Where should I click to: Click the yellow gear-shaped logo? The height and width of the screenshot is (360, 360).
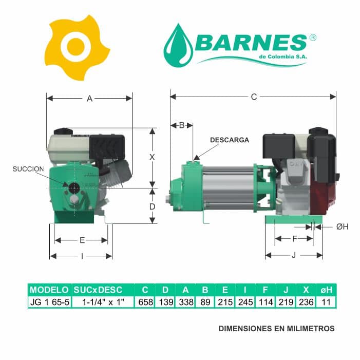click(77, 48)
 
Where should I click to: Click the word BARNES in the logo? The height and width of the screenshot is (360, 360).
click(251, 43)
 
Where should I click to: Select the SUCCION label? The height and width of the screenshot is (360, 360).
click(28, 169)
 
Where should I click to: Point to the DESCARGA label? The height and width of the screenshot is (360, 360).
click(230, 140)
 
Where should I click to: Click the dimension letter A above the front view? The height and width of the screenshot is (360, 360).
click(89, 99)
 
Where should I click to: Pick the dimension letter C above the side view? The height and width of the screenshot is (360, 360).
click(254, 97)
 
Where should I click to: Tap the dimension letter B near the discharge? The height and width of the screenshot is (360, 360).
click(182, 125)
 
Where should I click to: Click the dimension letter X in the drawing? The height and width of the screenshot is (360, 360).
click(152, 158)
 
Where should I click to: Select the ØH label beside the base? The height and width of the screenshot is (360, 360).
click(343, 227)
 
